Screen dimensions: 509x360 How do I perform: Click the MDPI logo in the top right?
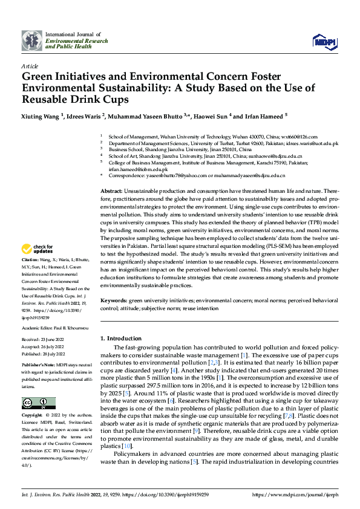[x=324, y=41]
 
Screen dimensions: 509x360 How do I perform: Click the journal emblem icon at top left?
[x=32, y=41]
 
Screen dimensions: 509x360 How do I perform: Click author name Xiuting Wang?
[x=41, y=115]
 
